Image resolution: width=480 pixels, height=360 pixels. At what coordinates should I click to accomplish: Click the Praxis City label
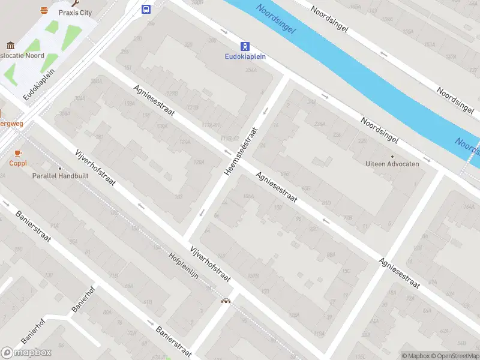tap(75, 13)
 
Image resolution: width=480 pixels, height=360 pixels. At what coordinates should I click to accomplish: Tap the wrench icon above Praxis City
tap(75, 3)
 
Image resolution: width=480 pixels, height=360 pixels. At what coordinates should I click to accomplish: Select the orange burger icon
tap(44, 10)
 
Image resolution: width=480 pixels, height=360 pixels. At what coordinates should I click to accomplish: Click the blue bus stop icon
tap(146, 9)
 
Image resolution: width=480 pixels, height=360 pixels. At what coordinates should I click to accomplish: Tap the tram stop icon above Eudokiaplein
tap(245, 46)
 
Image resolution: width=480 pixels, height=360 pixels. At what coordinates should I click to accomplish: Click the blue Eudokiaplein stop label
tap(245, 57)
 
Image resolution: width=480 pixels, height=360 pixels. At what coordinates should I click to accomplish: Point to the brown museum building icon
tap(10, 46)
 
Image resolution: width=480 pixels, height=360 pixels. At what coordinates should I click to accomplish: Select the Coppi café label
tap(17, 163)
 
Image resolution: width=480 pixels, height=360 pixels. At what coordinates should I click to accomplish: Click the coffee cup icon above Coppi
tap(17, 153)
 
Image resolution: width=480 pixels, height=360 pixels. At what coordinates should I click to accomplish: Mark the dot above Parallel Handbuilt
tap(60, 168)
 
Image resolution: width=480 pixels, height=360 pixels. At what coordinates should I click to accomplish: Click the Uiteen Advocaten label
tap(392, 164)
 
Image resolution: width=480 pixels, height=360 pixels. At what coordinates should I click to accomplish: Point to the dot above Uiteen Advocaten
tap(392, 156)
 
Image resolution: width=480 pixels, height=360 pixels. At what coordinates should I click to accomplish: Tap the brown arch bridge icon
tap(226, 301)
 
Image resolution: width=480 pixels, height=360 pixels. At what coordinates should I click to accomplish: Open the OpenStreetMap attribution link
tap(455, 356)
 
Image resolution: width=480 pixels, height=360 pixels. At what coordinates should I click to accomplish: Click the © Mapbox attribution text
tap(416, 356)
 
